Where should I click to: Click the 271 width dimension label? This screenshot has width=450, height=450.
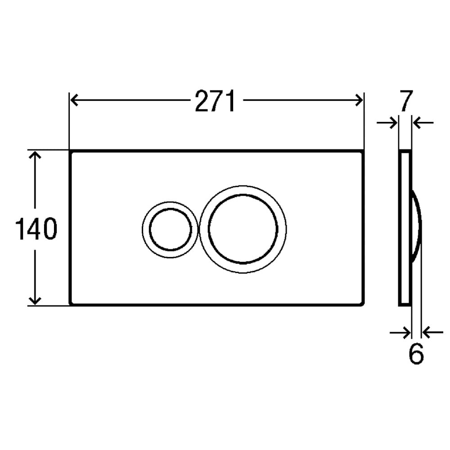tap(215, 101)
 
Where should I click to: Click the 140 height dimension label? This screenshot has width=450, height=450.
tap(36, 229)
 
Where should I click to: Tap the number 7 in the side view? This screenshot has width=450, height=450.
tap(405, 101)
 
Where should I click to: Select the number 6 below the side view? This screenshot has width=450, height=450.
tap(416, 354)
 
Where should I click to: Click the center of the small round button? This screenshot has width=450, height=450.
tap(170, 229)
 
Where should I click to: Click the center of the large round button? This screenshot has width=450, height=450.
tap(243, 229)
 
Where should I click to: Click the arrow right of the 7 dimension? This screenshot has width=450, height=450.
tap(423, 122)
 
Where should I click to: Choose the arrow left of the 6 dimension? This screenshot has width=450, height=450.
tap(400, 333)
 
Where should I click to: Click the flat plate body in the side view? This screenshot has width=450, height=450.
tap(405, 270)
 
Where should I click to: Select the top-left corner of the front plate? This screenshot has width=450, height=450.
tap(71, 152)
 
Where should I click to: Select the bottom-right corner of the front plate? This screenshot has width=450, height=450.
tap(362, 304)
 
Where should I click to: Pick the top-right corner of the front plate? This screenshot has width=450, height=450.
tap(362, 152)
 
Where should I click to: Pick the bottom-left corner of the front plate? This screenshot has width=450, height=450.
tap(71, 304)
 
